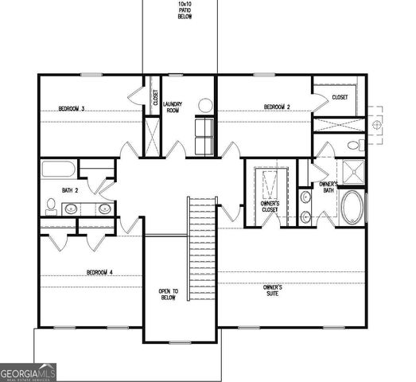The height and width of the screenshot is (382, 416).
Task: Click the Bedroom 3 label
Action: (x=72, y=108)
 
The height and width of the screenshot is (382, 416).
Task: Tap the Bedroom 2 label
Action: (x=276, y=107)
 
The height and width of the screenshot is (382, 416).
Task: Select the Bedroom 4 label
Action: (x=100, y=272)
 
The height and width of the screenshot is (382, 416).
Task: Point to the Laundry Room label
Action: (x=173, y=107)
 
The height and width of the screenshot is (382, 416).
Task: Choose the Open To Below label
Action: (x=168, y=294)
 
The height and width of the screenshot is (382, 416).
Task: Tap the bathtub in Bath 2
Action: (x=58, y=169)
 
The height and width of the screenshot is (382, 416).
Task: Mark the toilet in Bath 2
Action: (x=50, y=207)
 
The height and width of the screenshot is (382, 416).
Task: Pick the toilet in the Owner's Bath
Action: (x=355, y=146)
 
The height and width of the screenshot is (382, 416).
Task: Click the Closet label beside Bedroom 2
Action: (x=340, y=97)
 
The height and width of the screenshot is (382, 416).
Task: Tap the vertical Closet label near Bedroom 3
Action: (x=155, y=98)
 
